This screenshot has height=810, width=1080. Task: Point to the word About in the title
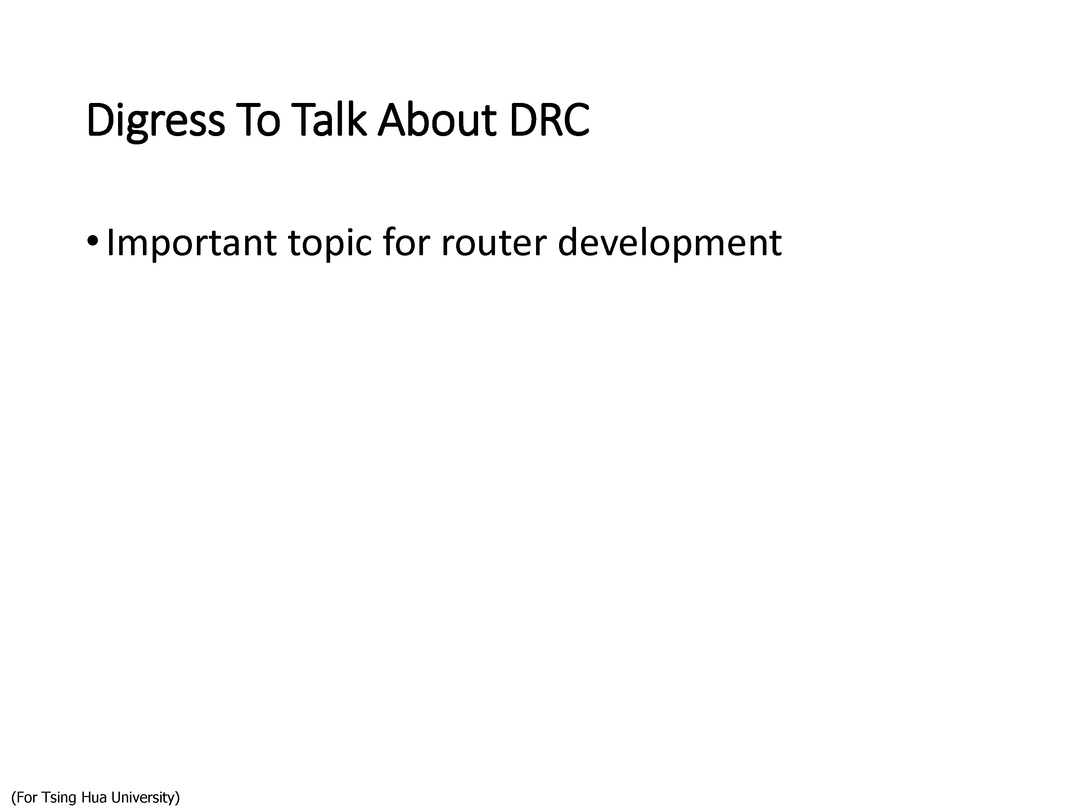437,119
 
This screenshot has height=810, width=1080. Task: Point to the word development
669,243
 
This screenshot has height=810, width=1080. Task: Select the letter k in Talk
357,119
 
